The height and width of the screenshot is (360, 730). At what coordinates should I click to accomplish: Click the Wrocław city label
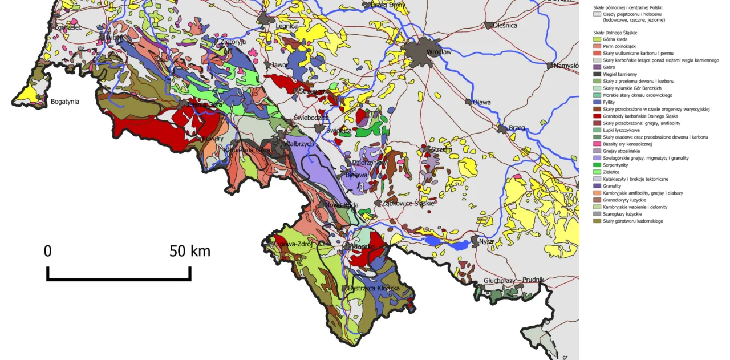(x=439, y=52)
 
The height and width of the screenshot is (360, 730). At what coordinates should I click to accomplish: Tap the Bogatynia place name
(x=64, y=102)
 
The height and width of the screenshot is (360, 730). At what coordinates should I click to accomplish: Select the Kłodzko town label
(x=363, y=247)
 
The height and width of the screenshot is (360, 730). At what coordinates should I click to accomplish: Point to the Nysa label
(x=486, y=241)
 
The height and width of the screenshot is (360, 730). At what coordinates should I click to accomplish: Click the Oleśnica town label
(x=505, y=25)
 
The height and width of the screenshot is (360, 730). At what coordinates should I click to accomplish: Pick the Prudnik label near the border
(x=533, y=280)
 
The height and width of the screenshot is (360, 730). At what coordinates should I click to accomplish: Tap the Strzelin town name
(x=442, y=149)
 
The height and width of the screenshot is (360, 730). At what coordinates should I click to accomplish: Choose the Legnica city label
(x=286, y=26)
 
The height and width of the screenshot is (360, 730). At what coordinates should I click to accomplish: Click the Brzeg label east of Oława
(x=517, y=127)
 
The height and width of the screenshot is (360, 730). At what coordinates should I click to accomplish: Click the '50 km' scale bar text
(x=189, y=251)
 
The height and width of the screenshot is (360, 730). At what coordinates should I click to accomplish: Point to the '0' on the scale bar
(x=48, y=251)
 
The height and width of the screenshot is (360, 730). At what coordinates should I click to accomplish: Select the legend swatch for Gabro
(x=597, y=67)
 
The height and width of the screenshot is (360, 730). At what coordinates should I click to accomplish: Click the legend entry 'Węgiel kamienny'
(x=620, y=74)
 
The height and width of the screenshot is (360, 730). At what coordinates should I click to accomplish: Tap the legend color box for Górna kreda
(x=597, y=39)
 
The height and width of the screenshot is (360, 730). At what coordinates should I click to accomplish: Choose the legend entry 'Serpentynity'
(x=619, y=165)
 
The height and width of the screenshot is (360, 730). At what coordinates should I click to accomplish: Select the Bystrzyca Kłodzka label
(x=374, y=289)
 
